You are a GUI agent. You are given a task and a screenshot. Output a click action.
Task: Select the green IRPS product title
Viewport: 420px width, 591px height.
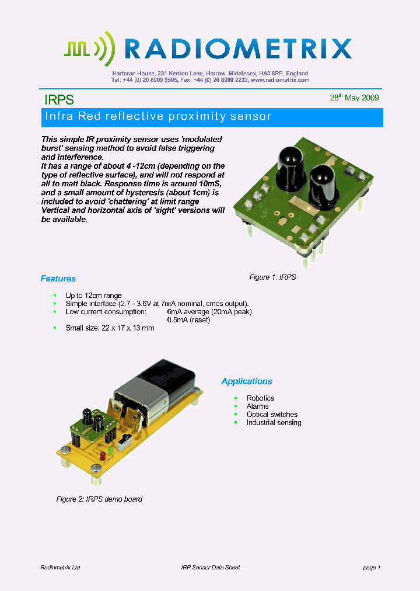click(60, 100)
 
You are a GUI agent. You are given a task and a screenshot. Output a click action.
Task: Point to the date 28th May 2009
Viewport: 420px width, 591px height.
click(354, 98)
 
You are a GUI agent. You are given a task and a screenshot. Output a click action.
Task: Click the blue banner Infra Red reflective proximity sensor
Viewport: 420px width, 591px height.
click(158, 116)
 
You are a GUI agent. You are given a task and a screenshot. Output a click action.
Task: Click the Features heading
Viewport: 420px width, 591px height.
click(58, 279)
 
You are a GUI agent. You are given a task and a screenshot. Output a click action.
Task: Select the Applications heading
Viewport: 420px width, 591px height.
click(247, 381)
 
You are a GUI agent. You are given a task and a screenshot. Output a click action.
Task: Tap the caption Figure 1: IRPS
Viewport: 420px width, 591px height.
click(272, 277)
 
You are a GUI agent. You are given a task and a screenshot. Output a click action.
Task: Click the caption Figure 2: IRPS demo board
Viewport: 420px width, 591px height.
click(99, 499)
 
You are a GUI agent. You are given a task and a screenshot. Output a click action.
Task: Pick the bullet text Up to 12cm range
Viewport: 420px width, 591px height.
click(93, 295)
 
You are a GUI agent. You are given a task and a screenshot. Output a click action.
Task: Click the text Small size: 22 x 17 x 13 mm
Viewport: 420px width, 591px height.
click(110, 328)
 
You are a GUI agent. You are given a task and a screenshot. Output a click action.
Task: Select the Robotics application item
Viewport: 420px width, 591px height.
click(260, 398)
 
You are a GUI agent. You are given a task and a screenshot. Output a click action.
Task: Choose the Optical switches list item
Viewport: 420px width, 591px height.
click(272, 415)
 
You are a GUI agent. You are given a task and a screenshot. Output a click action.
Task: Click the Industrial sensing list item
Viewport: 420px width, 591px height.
click(274, 423)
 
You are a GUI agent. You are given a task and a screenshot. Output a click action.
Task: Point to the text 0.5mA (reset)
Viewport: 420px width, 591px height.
click(188, 320)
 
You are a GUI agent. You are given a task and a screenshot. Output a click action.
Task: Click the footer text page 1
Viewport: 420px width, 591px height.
click(372, 568)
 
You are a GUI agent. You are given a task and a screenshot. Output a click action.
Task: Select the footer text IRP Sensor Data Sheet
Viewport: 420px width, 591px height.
click(211, 568)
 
